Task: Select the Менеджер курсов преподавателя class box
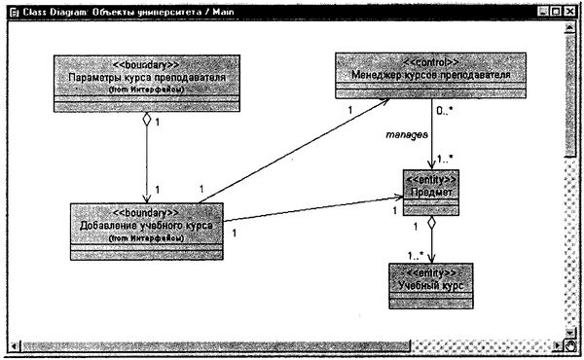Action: click(x=431, y=74)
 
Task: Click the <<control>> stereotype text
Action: click(x=431, y=60)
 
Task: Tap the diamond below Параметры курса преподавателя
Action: click(x=145, y=120)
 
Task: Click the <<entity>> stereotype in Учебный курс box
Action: click(x=429, y=271)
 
